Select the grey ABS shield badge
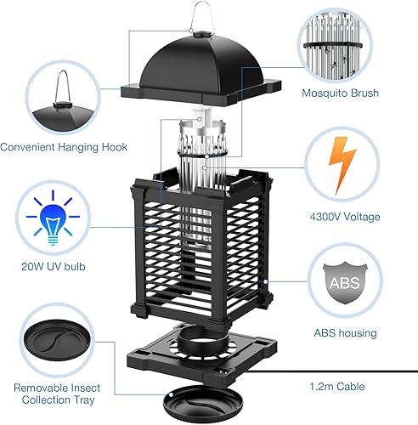[x=345, y=282]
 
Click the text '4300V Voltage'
[x=345, y=217]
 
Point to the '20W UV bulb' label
[x=54, y=267]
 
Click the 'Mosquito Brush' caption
[x=340, y=93]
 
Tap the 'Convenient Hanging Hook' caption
[x=64, y=147]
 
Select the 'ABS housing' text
[x=345, y=333]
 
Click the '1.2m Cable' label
[x=337, y=387]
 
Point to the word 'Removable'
[x=41, y=388]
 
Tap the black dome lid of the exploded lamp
[x=201, y=70]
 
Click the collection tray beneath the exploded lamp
[x=203, y=404]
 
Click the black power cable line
[x=330, y=371]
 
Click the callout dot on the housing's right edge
[x=265, y=281]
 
